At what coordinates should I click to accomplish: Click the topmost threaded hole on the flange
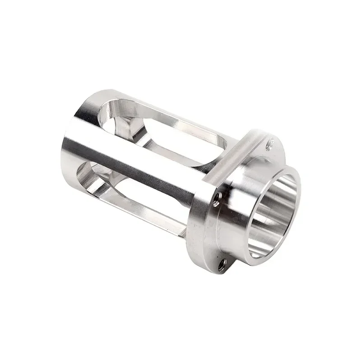[270, 144]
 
